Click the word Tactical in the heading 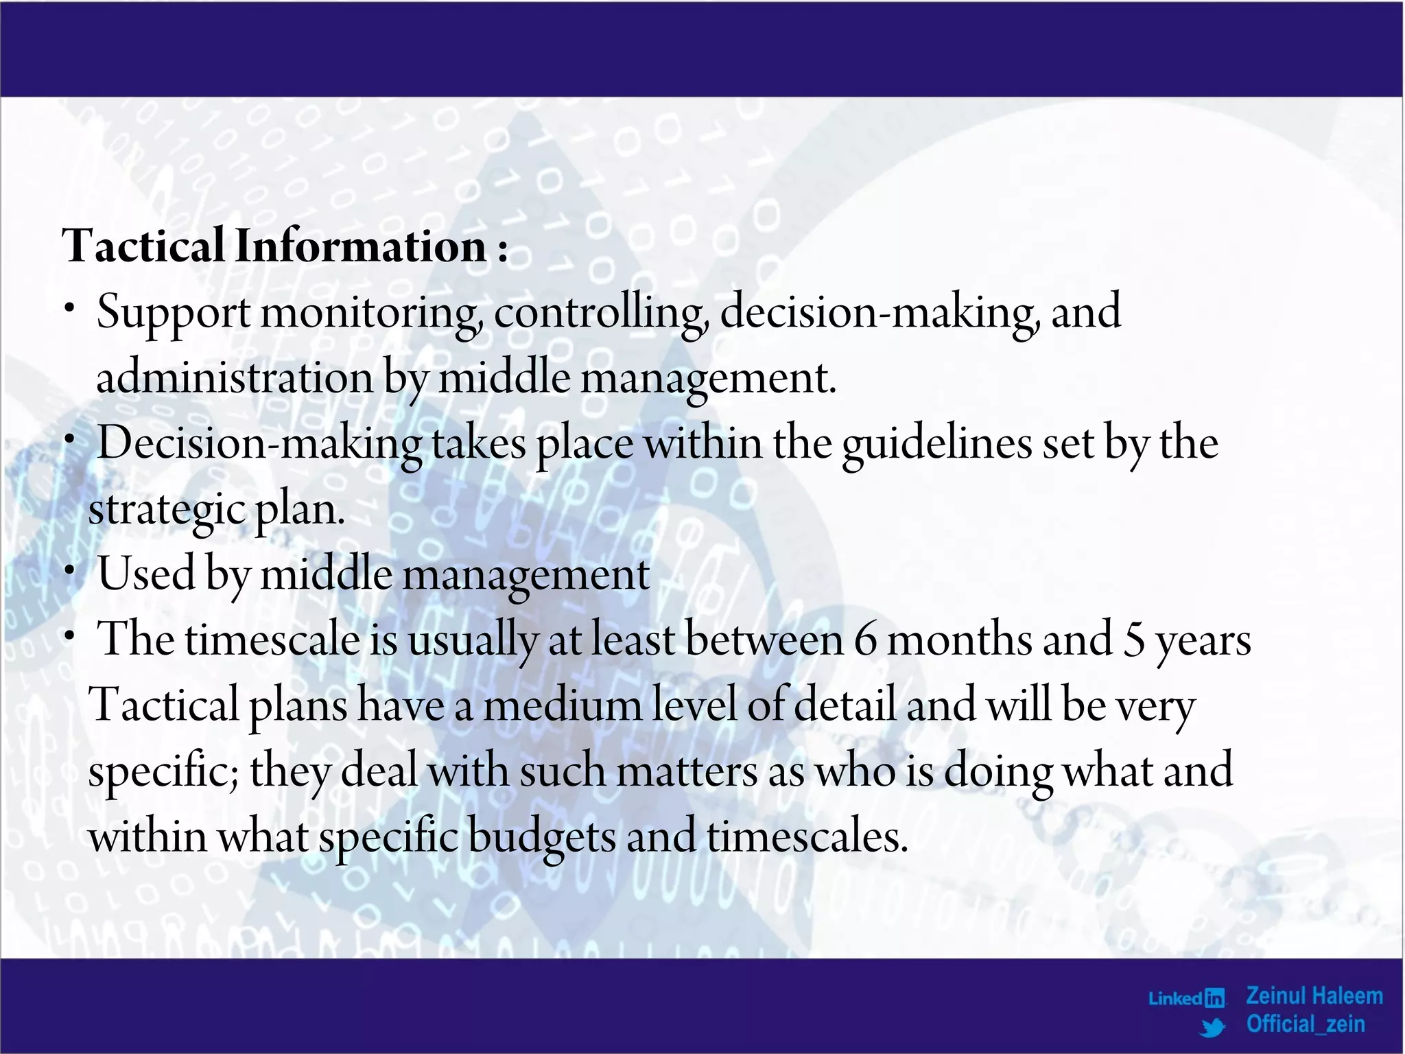point(143,246)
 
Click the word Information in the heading point(361,246)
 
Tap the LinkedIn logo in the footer point(1187,998)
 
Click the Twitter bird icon point(1213,1027)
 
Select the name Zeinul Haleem point(1314,996)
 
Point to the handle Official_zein point(1306,1024)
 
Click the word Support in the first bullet point(173,313)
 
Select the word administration point(234,378)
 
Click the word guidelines point(936,444)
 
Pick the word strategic point(167,510)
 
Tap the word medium point(562,705)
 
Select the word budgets point(541,837)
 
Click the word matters point(687,771)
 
